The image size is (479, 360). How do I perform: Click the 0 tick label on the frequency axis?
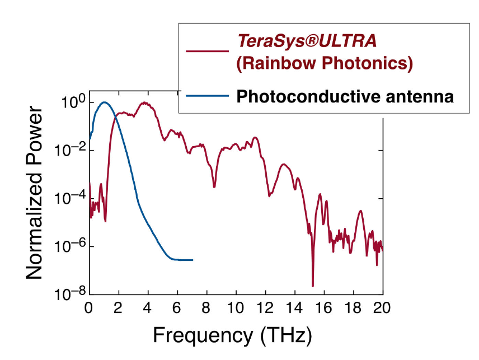coord(88,308)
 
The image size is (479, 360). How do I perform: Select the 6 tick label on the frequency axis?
coord(177,308)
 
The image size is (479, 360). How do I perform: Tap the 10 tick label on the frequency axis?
coord(236,308)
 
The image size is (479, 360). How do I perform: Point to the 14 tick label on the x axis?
coord(295,308)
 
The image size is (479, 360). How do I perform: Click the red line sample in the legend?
coord(207,51)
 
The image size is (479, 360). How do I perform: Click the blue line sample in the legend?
coord(207,96)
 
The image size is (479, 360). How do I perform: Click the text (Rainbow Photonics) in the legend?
coord(324,63)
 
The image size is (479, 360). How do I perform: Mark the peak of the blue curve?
coord(104,102)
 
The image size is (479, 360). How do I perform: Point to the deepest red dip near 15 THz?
coord(313,286)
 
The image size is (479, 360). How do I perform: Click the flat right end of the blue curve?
coord(192,260)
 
